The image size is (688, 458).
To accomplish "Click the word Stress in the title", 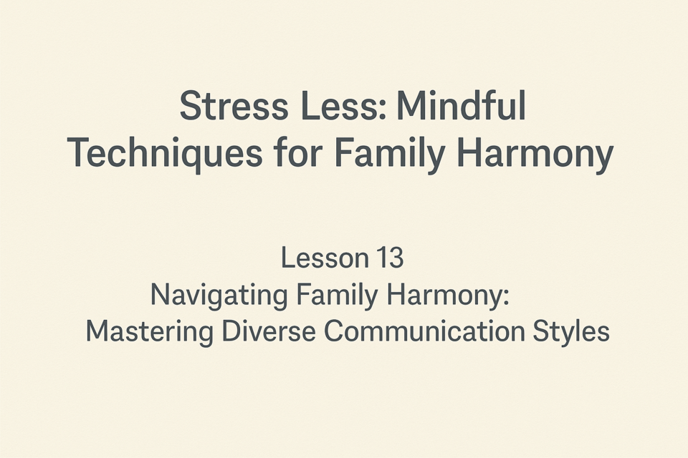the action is [234, 106].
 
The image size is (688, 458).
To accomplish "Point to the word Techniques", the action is [165, 153].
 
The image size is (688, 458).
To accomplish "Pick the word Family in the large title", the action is [390, 153].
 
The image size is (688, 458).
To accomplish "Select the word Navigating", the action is [219, 296].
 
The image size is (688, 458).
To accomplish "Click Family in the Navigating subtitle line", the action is [337, 296].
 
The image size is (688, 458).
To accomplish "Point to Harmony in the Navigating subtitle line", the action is [442, 296].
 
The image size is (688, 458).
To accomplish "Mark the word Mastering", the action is [149, 332].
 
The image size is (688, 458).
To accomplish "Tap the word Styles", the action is [571, 332].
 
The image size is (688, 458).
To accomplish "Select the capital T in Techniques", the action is [80, 152].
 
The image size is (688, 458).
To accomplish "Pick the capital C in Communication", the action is [335, 331].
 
